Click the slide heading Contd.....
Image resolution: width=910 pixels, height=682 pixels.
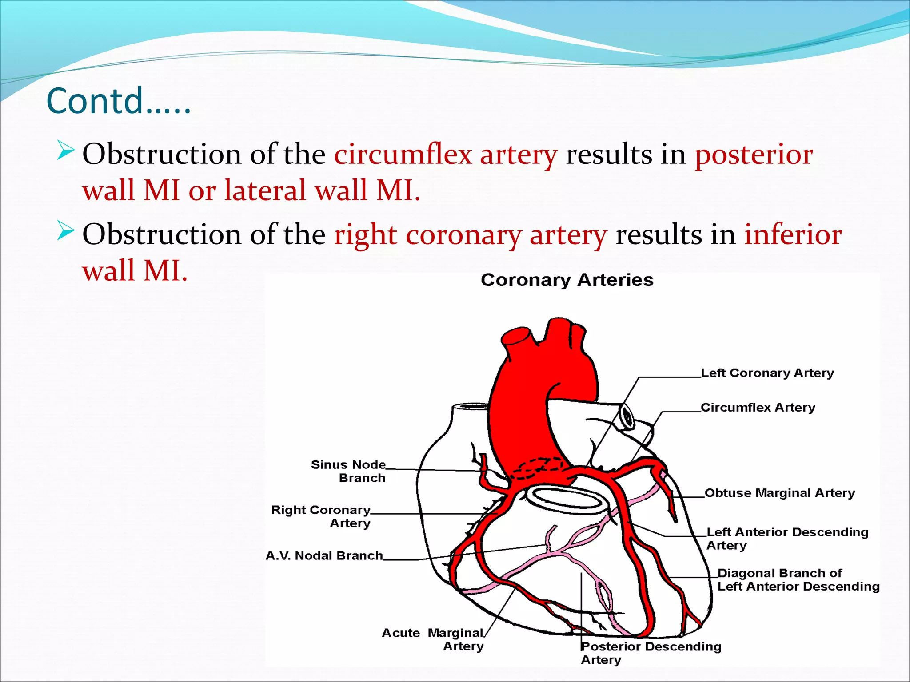coord(118,101)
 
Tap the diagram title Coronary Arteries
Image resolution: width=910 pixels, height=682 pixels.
coord(567,280)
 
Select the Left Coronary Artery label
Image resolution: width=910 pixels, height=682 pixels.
coord(767,373)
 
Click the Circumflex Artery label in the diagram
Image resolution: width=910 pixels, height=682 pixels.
coord(758,408)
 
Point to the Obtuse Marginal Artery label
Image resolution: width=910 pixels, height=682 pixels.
coord(780,493)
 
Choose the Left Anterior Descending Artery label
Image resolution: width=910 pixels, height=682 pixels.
coord(787,538)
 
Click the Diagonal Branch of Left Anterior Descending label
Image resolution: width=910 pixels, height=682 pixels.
coord(798,579)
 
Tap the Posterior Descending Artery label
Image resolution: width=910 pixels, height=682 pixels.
coord(651,653)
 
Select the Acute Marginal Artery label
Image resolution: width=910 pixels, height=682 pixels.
coord(433,639)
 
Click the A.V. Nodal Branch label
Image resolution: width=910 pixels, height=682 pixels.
coord(324,555)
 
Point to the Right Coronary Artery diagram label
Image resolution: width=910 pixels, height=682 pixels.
coord(321,516)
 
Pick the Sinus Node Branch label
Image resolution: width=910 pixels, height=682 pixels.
coord(348,471)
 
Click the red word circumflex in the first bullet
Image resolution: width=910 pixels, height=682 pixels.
coord(403,155)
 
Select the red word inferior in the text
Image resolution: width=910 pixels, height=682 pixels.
coord(793,234)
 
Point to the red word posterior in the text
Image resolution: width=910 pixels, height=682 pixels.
coord(754,155)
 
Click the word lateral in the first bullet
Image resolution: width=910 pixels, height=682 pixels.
coord(265,190)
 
